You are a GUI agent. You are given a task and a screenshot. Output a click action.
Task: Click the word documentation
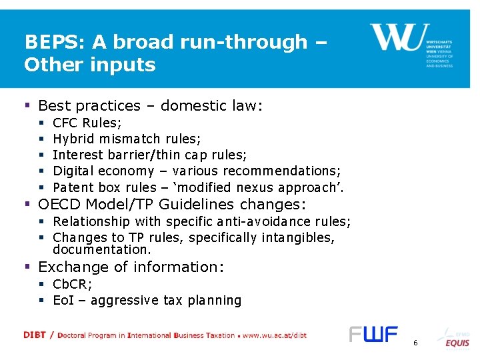click(x=101, y=250)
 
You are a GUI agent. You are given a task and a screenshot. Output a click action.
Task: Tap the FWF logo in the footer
click(x=373, y=334)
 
